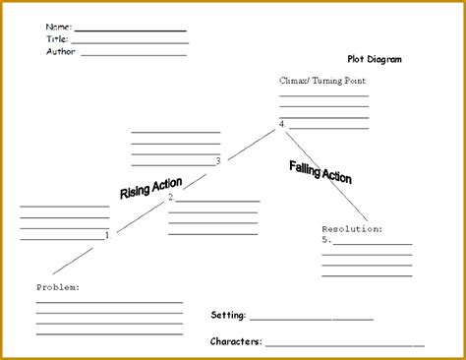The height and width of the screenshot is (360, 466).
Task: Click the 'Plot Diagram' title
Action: point(374,59)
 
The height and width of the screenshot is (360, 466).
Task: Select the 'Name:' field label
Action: point(58,27)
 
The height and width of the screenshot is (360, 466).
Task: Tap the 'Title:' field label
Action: point(57,39)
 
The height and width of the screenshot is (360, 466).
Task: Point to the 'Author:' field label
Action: point(61,51)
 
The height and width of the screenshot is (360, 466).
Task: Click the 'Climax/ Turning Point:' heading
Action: point(323,83)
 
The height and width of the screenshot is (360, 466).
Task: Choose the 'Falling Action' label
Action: point(320,172)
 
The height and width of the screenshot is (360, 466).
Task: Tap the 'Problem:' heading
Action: point(58,286)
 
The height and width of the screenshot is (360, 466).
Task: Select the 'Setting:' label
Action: point(229,316)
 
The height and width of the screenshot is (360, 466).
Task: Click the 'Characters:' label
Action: point(236,341)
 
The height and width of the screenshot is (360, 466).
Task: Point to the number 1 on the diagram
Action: point(108,236)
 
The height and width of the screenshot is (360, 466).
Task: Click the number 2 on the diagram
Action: point(171,197)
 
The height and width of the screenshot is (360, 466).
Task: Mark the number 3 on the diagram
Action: point(218,160)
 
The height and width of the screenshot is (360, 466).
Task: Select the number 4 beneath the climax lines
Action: point(282,124)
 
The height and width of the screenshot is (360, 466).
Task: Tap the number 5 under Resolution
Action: point(325,239)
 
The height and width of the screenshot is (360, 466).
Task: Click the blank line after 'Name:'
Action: point(130,30)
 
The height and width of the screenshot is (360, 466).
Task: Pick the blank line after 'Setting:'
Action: point(312,319)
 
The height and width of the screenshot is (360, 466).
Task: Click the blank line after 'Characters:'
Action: point(344,344)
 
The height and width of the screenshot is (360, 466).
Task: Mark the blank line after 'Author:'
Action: point(134,54)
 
